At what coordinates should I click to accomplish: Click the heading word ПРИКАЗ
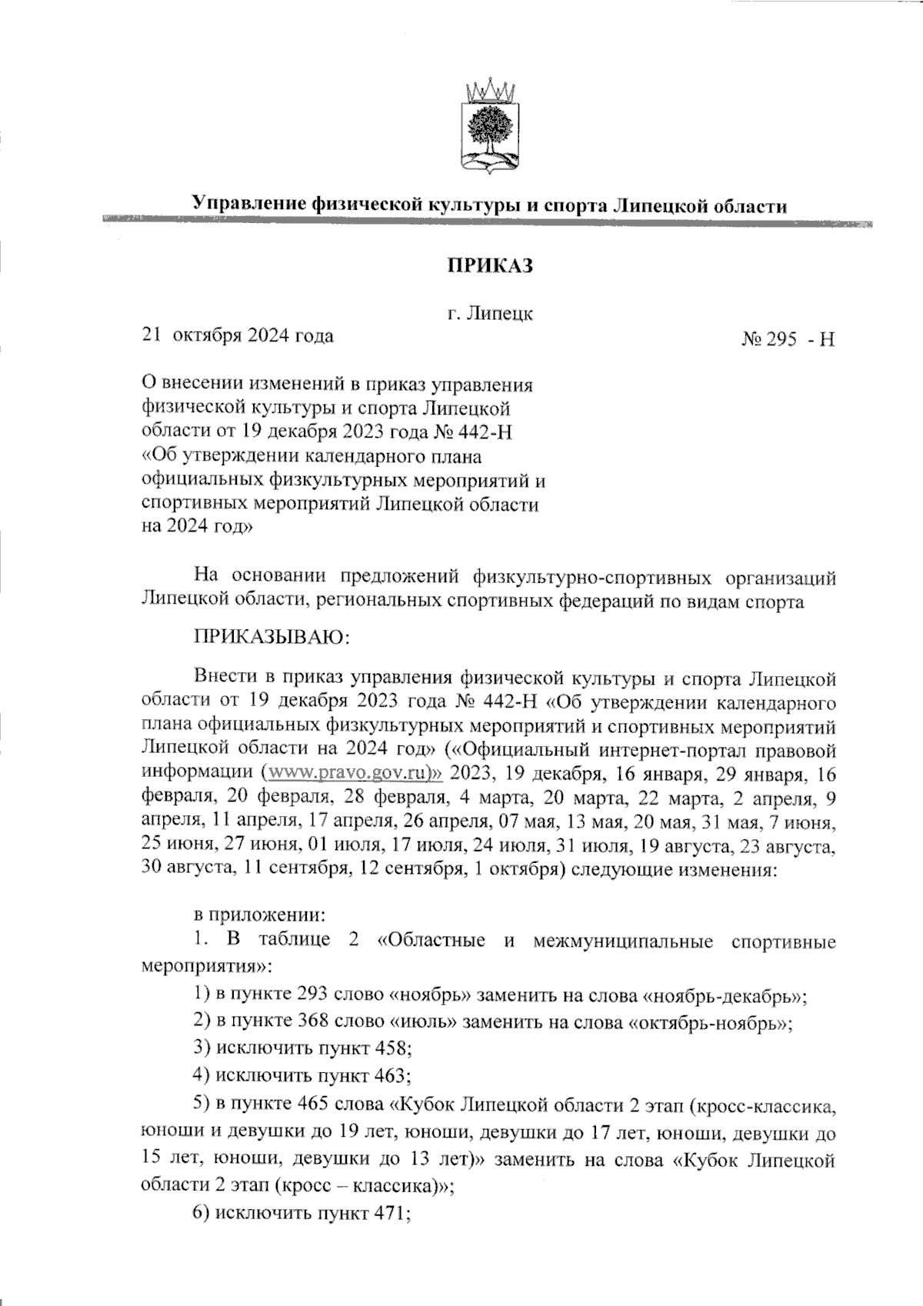(x=491, y=266)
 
